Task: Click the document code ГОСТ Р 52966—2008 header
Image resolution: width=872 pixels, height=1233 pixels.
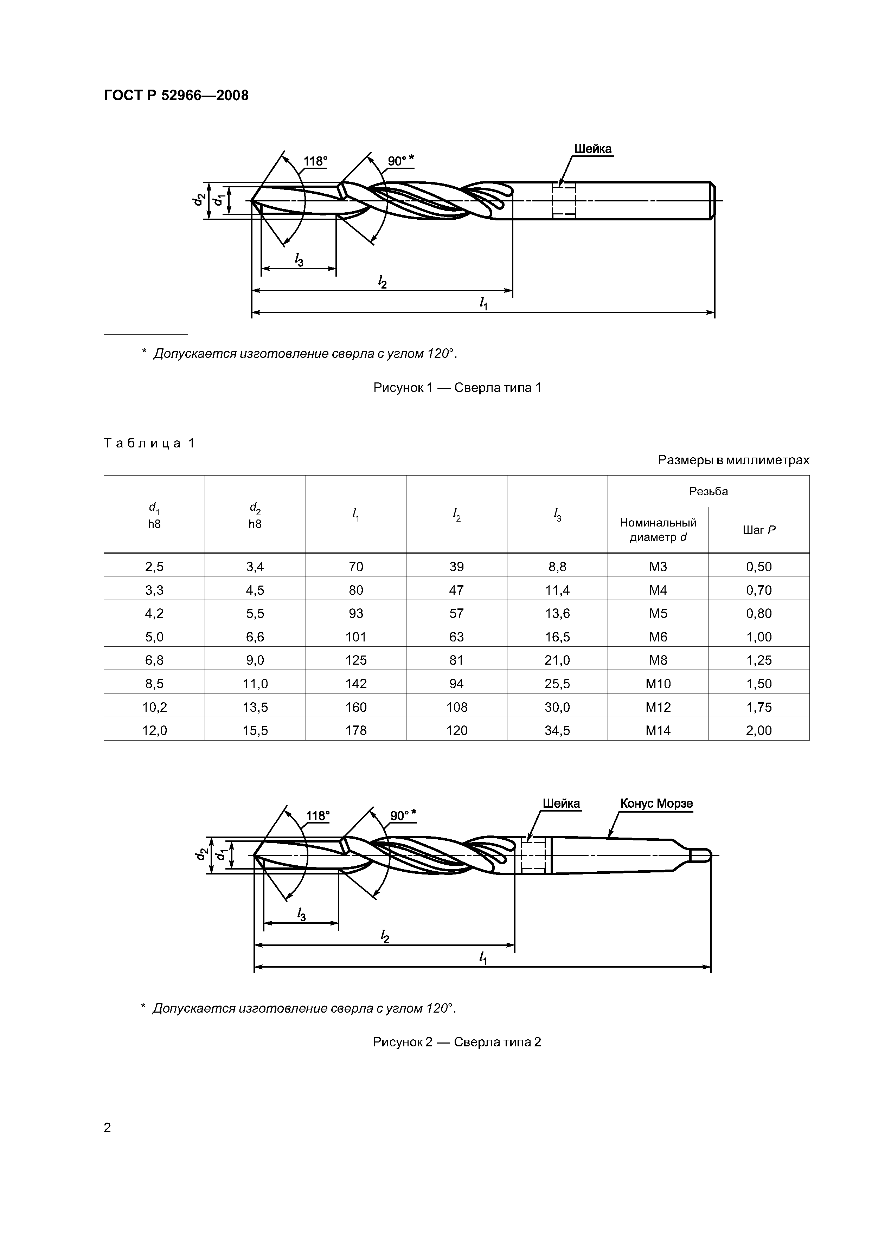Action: point(176,96)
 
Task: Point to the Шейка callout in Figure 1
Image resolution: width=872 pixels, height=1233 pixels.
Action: point(592,149)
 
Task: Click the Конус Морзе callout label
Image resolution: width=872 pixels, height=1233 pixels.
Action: point(656,803)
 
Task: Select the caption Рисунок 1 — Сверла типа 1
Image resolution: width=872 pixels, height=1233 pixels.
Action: point(457,387)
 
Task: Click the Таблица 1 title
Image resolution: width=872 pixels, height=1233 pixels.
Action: point(149,443)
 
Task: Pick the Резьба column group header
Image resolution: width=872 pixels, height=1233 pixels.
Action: point(708,491)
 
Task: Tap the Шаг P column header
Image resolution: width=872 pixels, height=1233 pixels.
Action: point(759,530)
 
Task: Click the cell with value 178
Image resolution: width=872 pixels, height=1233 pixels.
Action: point(356,730)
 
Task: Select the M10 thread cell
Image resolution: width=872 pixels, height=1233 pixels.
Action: point(658,684)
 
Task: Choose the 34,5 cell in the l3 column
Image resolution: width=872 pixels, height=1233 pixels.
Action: point(557,730)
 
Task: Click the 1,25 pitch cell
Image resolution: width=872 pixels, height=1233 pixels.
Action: point(759,660)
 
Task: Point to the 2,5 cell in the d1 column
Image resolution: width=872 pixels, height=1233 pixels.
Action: point(154,567)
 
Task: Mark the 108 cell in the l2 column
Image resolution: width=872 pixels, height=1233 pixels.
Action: point(457,707)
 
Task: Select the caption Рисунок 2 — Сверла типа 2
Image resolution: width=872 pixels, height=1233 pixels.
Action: point(457,1042)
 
